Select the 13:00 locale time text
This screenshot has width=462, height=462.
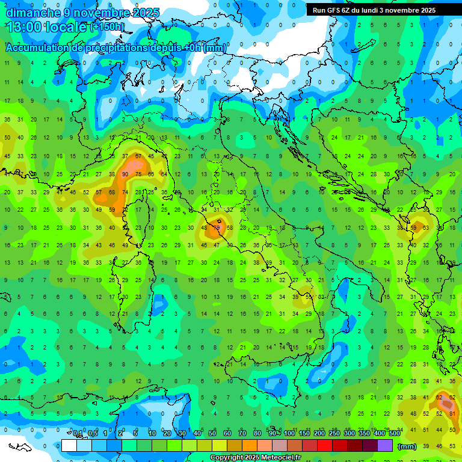click(x=46, y=27)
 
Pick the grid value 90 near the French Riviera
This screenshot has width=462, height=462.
click(x=125, y=174)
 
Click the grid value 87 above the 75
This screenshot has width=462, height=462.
click(x=138, y=156)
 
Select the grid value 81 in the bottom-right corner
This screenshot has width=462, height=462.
click(x=452, y=414)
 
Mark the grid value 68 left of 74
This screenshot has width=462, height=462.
click(x=112, y=192)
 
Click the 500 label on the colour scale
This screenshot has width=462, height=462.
click(x=394, y=434)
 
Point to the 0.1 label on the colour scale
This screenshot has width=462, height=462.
click(x=78, y=434)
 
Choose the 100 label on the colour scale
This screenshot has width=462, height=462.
click(x=289, y=434)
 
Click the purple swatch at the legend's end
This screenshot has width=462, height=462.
click(x=385, y=446)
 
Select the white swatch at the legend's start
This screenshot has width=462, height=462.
click(x=69, y=446)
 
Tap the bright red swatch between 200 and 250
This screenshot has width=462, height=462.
click(x=325, y=446)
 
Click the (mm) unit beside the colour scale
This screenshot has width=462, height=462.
click(x=407, y=446)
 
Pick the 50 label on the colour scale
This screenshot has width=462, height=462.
click(x=212, y=434)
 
